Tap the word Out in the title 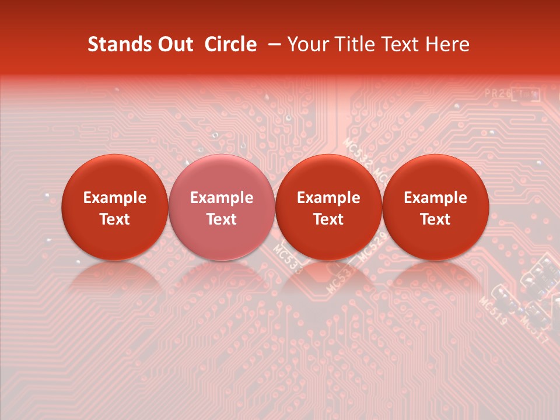coord(174,44)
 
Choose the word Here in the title coord(448,44)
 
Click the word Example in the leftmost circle coord(114,198)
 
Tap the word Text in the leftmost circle coord(114,219)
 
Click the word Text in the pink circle coord(221,219)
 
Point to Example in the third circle coord(328,198)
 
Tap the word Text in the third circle coord(328,219)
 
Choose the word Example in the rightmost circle coord(435,198)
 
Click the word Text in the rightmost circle coord(435,219)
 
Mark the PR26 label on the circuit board coord(496,93)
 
